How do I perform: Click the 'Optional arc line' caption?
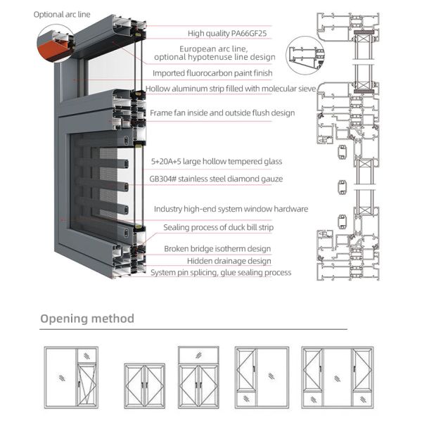[62, 15]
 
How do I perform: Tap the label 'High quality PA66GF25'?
[227, 33]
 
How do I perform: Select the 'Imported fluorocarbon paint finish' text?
[212, 73]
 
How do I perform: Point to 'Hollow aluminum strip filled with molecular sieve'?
[231, 89]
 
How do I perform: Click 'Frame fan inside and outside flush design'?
[222, 113]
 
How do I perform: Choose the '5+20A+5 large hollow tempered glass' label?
[217, 162]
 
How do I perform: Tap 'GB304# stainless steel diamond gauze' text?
[216, 179]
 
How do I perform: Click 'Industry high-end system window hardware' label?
[231, 209]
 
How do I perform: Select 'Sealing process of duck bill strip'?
[218, 227]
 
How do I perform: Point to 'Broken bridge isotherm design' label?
[217, 249]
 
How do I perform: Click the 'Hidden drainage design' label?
[229, 261]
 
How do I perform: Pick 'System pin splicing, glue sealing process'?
[221, 273]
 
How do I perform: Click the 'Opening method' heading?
[87, 319]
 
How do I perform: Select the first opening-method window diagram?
[71, 378]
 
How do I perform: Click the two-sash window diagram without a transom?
[144, 386]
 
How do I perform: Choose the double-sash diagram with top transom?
[198, 378]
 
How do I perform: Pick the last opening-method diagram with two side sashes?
[337, 378]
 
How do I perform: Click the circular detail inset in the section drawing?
[305, 56]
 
